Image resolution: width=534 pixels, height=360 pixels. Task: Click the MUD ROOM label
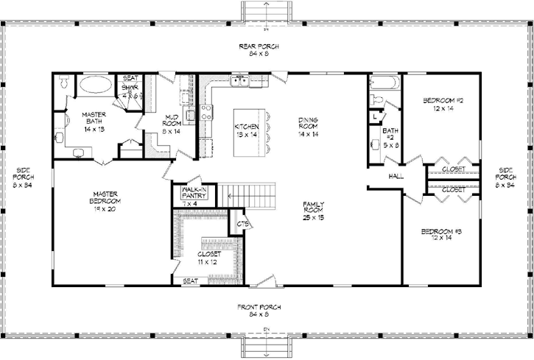tap(171, 123)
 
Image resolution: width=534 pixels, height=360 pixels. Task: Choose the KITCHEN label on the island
tap(245, 130)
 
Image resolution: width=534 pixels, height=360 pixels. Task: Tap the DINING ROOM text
tap(308, 127)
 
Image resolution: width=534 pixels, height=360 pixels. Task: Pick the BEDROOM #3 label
tap(441, 236)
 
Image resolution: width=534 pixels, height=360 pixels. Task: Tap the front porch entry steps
tap(267, 345)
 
